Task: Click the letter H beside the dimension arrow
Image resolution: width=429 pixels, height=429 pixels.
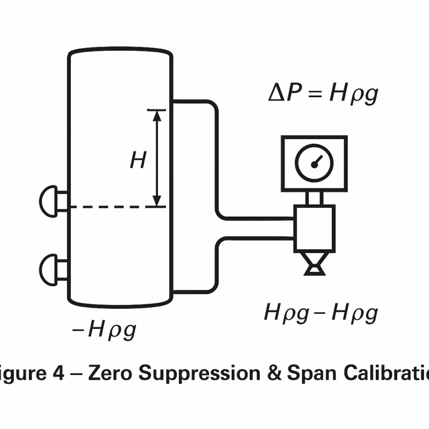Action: [138, 161]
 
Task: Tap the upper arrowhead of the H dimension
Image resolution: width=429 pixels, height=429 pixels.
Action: [158, 115]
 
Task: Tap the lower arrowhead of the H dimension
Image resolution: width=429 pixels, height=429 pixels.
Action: [158, 201]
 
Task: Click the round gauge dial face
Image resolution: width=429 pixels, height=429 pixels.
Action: [314, 163]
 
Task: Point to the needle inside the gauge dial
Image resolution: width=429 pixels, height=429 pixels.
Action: [317, 161]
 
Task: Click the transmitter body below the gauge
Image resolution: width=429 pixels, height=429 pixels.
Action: [314, 228]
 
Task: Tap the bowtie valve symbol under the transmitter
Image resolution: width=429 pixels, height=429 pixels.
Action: [314, 264]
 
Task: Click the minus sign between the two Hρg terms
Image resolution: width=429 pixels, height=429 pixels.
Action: [320, 313]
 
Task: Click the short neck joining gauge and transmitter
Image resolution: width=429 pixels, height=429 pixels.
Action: [314, 198]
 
